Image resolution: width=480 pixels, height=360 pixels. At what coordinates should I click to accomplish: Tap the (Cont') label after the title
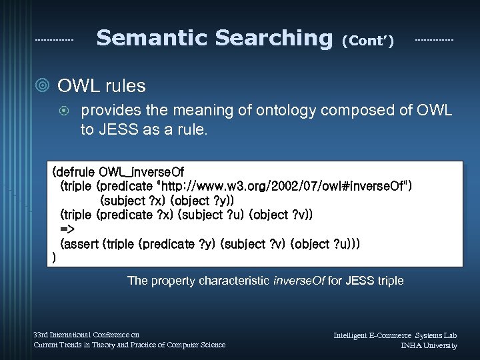(367, 41)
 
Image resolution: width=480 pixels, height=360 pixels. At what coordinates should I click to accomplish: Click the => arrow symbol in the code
(67, 230)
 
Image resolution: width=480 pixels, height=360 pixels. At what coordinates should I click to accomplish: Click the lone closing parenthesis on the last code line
(53, 257)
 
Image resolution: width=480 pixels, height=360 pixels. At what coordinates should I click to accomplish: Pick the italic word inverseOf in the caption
(299, 281)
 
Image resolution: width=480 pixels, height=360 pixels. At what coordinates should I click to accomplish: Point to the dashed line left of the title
(54, 40)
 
